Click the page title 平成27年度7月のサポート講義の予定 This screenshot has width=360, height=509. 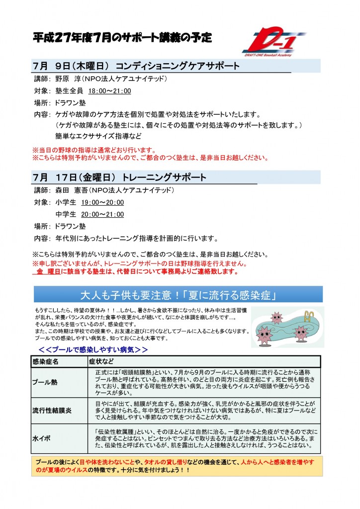pyautogui.click(x=123, y=37)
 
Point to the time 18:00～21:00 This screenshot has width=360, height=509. pyautogui.click(x=109, y=90)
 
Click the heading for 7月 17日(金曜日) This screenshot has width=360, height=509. pyautogui.click(x=120, y=177)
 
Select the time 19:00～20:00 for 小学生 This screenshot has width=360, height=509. pyautogui.click(x=102, y=202)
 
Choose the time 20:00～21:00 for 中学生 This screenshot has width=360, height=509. pyautogui.click(x=102, y=214)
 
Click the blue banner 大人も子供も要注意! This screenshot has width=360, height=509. pyautogui.click(x=178, y=294)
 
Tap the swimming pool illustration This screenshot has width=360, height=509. pyautogui.click(x=288, y=327)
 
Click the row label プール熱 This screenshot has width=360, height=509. pyautogui.click(x=45, y=382)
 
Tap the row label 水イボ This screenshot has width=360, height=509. pyautogui.click(x=42, y=439)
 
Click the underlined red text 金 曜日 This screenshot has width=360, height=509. pyautogui.click(x=49, y=272)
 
